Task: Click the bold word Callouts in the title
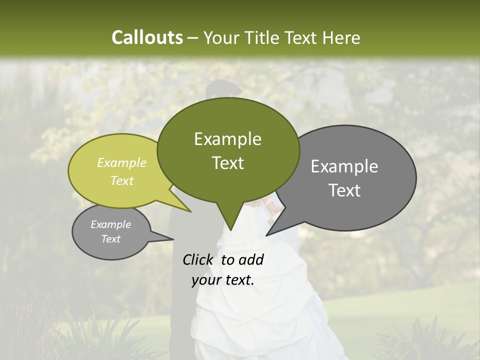147,37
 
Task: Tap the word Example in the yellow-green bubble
122,162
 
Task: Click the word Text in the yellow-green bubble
122,180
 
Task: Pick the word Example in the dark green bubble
227,139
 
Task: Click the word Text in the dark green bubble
227,163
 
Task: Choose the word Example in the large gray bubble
344,166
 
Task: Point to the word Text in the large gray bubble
344,190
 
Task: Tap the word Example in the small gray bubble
111,224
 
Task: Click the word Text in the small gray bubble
111,239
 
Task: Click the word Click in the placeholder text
198,260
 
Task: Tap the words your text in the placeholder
222,280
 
